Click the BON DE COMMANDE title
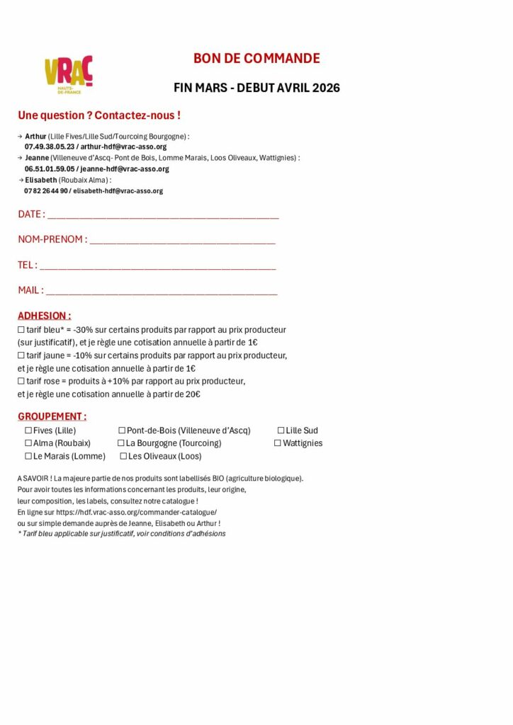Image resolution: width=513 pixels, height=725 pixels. pyautogui.click(x=256, y=59)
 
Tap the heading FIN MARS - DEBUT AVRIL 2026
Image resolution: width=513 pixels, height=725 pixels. pyautogui.click(x=256, y=88)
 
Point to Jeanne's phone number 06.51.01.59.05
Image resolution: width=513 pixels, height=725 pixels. pyautogui.click(x=49, y=169)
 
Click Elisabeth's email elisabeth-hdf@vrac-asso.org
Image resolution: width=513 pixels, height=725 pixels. pyautogui.click(x=118, y=191)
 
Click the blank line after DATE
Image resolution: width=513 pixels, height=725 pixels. pyautogui.click(x=163, y=215)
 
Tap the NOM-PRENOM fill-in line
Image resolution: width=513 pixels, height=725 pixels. pyautogui.click(x=182, y=241)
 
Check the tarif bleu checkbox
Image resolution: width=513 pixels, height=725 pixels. pyautogui.click(x=21, y=330)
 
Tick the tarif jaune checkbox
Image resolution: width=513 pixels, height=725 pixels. pyautogui.click(x=21, y=355)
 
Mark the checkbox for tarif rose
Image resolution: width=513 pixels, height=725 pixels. pyautogui.click(x=21, y=382)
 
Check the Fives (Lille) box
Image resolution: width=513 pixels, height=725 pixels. pyautogui.click(x=28, y=430)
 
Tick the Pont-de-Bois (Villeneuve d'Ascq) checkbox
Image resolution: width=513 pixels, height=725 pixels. pyautogui.click(x=122, y=430)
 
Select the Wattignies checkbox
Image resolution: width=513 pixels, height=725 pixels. pyautogui.click(x=278, y=443)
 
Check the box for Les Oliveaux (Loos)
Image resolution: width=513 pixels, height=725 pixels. pyautogui.click(x=123, y=457)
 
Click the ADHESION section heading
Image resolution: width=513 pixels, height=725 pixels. pyautogui.click(x=44, y=316)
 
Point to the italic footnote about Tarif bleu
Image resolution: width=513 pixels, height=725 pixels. pyautogui.click(x=121, y=534)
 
